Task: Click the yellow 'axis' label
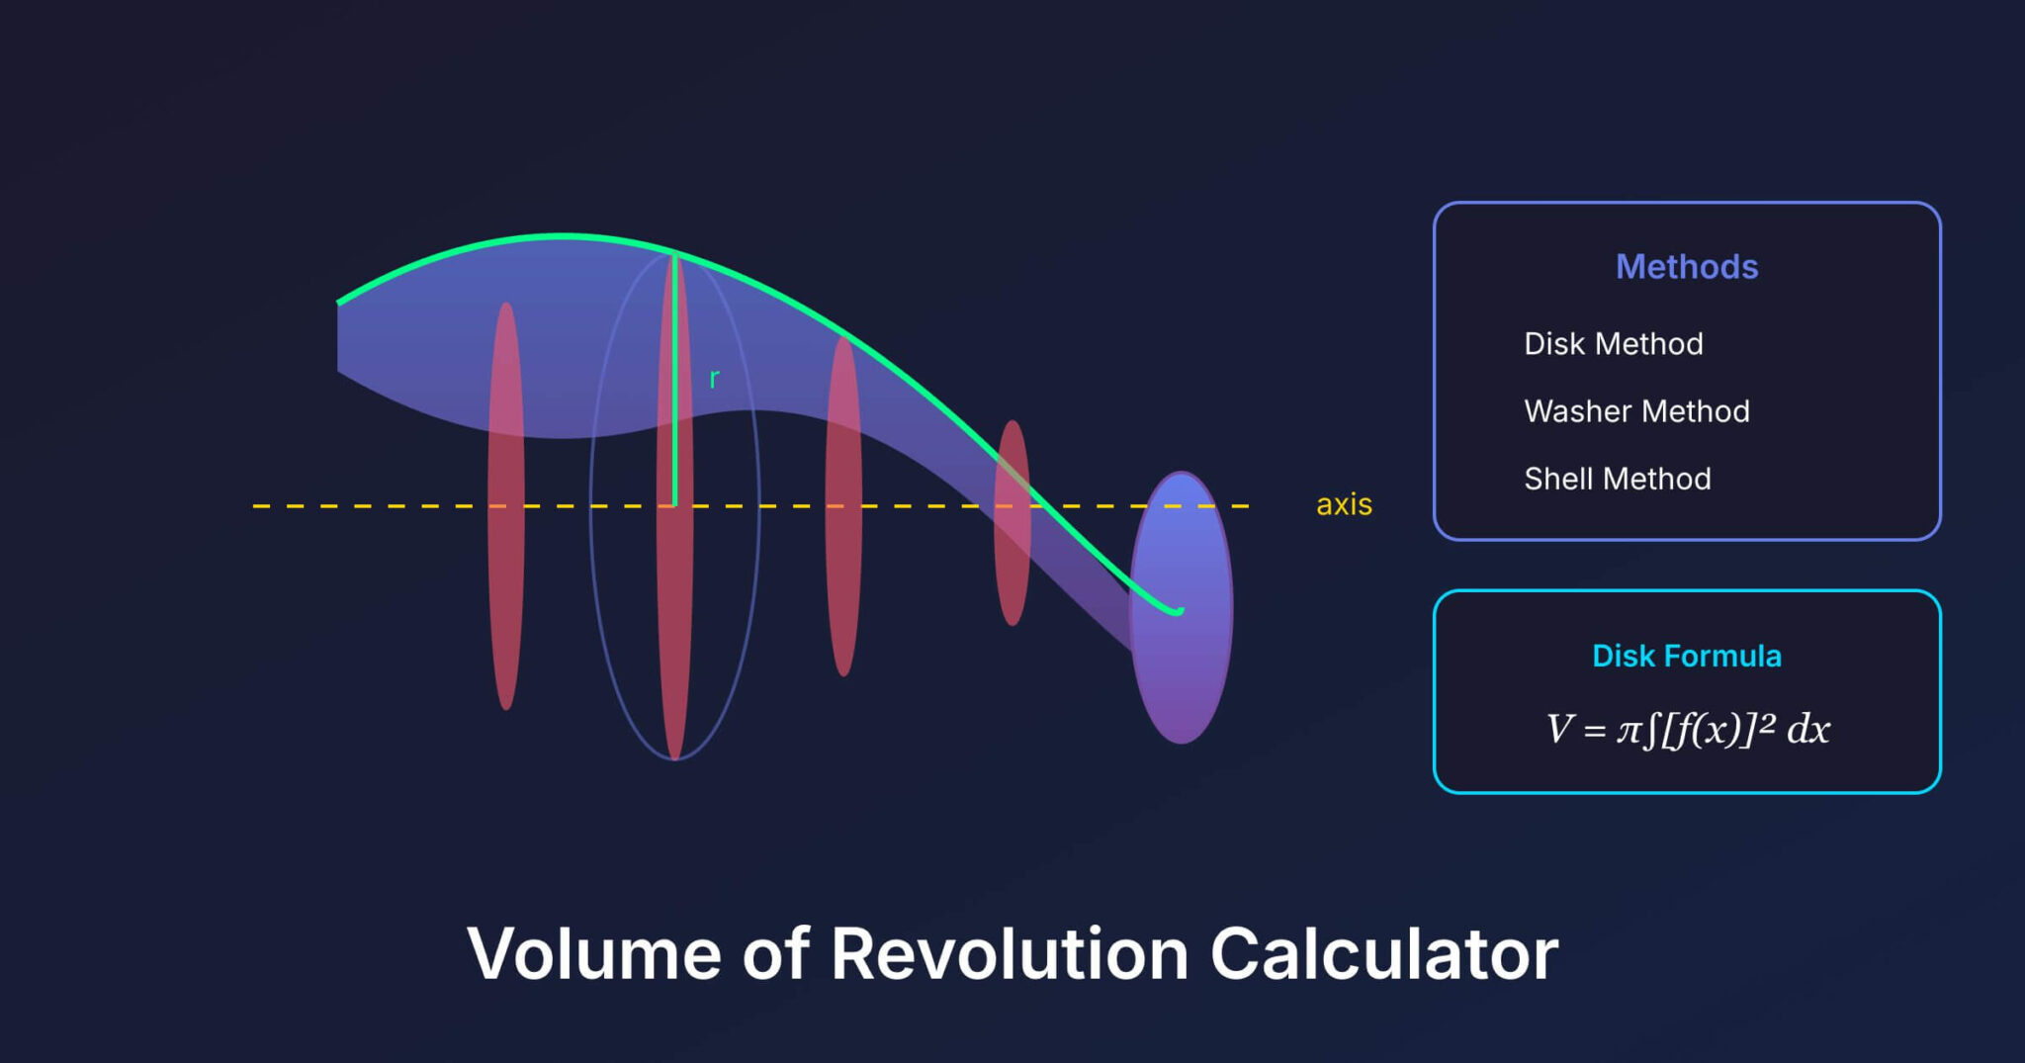[x=1344, y=504]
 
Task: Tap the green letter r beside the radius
[x=714, y=379]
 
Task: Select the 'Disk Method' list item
[x=1613, y=343]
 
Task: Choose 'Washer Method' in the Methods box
[x=1636, y=410]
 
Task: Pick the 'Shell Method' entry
[x=1617, y=479]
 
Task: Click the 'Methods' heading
[x=1687, y=267]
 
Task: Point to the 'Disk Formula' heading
[x=1687, y=656]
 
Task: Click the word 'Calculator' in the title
[x=1383, y=954]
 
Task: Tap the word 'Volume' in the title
[x=594, y=954]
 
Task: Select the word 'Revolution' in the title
[x=1010, y=954]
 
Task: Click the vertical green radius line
[x=675, y=396]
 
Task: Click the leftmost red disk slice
[x=506, y=593]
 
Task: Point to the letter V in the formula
[x=1558, y=730]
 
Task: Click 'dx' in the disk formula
[x=1808, y=730]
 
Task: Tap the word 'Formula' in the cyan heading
[x=1723, y=656]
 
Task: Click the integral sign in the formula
[x=1649, y=731]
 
